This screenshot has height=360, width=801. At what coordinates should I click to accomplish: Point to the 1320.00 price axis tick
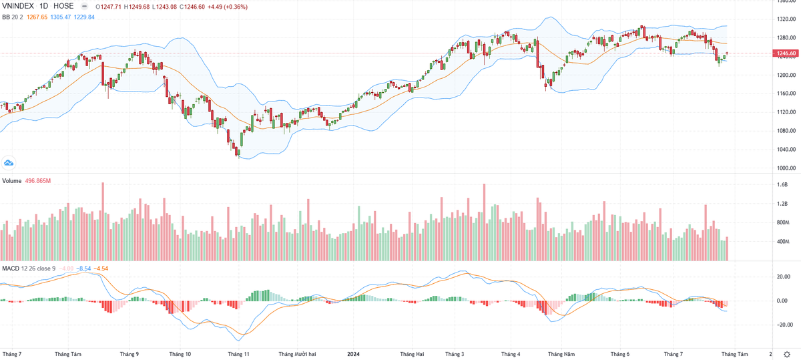pyautogui.click(x=788, y=19)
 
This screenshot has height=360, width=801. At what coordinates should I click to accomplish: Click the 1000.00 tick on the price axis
pyautogui.click(x=788, y=168)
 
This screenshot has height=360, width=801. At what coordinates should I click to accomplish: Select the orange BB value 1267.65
pyautogui.click(x=38, y=17)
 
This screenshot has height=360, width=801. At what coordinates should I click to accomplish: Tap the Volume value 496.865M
pyautogui.click(x=38, y=181)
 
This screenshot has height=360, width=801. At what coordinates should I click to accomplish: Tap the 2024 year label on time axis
pyautogui.click(x=354, y=353)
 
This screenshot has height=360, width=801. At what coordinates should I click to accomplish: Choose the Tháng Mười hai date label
pyautogui.click(x=297, y=353)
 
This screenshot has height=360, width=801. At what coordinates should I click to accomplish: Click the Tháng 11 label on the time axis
pyautogui.click(x=238, y=353)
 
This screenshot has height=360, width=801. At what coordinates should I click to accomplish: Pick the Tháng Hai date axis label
pyautogui.click(x=411, y=353)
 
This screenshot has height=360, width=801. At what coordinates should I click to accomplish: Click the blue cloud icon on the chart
pyautogui.click(x=9, y=162)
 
